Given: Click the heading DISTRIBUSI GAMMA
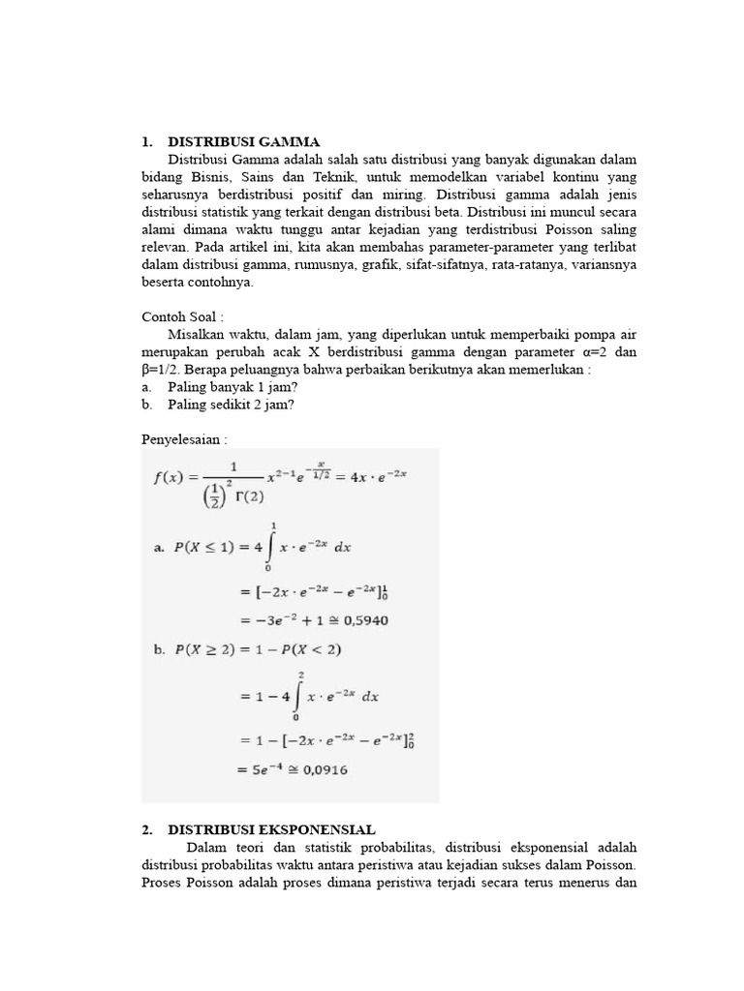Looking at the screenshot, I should pyautogui.click(x=243, y=141).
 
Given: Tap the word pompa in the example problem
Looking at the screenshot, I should pyautogui.click(x=578, y=334).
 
